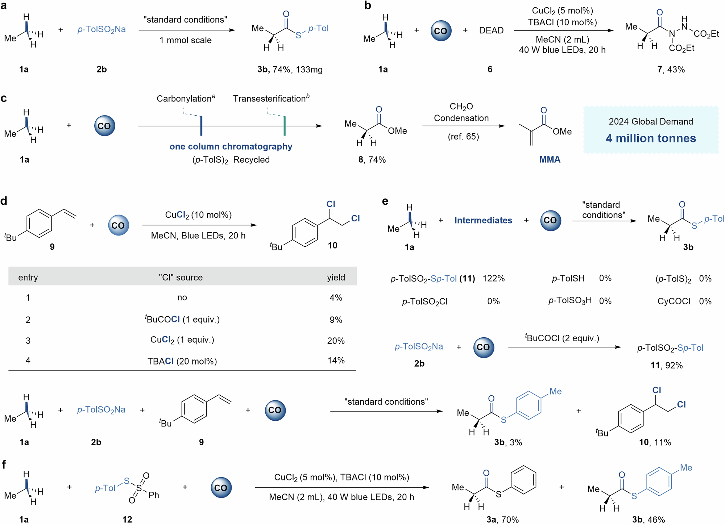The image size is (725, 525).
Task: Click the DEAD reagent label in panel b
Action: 491,30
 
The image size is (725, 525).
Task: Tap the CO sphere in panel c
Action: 104,126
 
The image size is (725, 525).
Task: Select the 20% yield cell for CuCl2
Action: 336,341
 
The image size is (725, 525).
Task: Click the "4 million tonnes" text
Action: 651,138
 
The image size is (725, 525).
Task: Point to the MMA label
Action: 550,159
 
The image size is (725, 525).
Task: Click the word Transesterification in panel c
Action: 269,99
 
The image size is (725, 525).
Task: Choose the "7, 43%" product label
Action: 671,70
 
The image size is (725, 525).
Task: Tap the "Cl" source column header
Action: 181,278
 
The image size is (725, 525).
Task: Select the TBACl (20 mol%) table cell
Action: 182,361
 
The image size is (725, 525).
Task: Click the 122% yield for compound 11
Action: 493,278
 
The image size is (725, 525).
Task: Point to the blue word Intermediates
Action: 483,220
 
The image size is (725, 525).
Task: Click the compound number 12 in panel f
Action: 127,520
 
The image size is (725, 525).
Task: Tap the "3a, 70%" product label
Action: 502,520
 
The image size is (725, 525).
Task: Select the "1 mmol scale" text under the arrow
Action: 185,40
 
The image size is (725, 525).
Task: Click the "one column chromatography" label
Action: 231,146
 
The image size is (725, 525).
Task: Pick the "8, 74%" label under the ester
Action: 372,160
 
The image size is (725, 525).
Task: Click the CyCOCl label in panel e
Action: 674,301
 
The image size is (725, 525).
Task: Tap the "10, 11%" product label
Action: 655,442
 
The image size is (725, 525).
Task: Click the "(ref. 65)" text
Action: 463,137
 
